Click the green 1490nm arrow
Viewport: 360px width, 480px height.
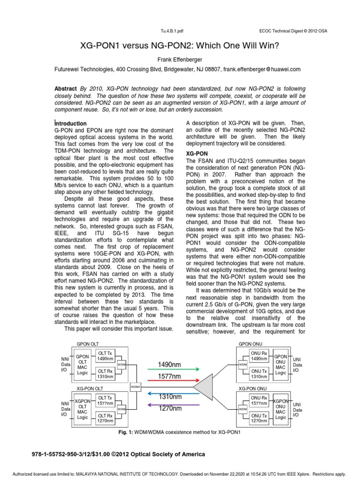pos(170,369)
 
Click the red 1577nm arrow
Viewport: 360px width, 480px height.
pos(170,381)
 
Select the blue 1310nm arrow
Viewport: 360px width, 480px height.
pos(170,392)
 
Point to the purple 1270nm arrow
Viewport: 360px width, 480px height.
pos(170,404)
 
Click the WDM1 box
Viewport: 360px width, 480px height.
pos(135,386)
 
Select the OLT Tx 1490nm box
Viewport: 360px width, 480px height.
pos(105,356)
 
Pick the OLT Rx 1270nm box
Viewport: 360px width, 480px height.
pos(105,418)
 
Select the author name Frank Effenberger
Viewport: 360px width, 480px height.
pos(180,60)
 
